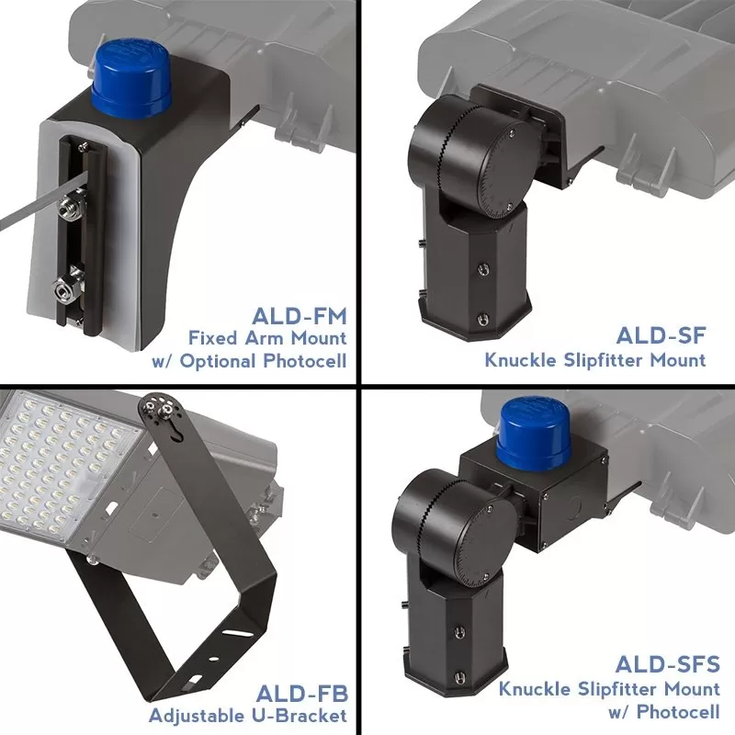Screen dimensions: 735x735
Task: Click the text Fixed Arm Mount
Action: pos(267,339)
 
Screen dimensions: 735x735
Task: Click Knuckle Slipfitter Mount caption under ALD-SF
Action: pos(595,359)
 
